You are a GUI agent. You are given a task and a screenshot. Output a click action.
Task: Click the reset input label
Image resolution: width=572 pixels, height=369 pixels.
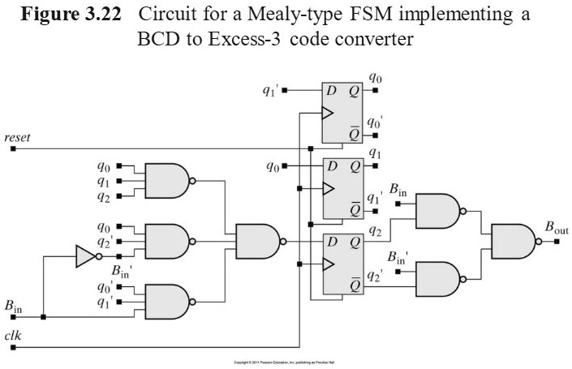pyautogui.click(x=17, y=138)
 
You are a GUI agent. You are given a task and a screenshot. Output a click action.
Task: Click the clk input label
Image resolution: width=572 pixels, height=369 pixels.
pyautogui.click(x=13, y=335)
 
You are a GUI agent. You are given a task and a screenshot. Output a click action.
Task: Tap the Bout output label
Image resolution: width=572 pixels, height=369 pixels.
pyautogui.click(x=556, y=230)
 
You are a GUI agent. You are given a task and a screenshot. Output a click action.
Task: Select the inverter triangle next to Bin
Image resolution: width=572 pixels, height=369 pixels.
pyautogui.click(x=85, y=256)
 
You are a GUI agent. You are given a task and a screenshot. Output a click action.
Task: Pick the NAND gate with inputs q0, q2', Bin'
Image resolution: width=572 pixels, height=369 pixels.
pyautogui.click(x=166, y=241)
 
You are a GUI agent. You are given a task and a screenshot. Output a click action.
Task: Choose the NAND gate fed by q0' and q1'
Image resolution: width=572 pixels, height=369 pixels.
pyautogui.click(x=166, y=301)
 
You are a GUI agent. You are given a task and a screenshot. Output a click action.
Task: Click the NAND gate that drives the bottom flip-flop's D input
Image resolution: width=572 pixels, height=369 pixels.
pyautogui.click(x=256, y=241)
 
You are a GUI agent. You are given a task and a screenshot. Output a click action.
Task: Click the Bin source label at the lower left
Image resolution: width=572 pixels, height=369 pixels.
pyautogui.click(x=13, y=306)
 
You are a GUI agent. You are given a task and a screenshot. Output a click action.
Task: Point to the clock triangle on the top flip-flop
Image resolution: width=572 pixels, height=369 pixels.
pyautogui.click(x=327, y=114)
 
